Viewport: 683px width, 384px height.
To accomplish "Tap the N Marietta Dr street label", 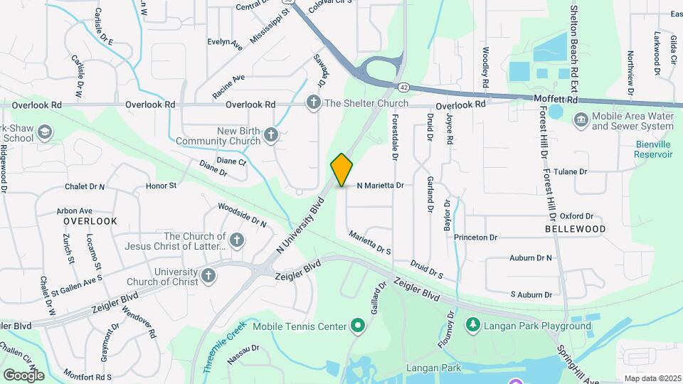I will coord(380,185).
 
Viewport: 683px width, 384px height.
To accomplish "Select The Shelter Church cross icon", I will coord(313,103).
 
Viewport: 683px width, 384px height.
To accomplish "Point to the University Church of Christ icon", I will coord(208,275).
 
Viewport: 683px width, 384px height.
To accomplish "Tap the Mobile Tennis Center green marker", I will coord(357,326).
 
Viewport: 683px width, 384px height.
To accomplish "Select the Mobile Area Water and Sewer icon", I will coord(581,119).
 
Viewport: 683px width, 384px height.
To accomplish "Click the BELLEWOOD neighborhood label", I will coord(575,230).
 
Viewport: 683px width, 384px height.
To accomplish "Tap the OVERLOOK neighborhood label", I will coord(85,221).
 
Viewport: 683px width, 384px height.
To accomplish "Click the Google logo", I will coord(23,375).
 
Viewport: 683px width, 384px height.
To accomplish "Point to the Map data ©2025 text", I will coord(652,378).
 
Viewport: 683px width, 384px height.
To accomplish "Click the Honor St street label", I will coord(161,186).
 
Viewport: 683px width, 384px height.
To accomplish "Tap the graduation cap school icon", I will coord(45,132).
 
